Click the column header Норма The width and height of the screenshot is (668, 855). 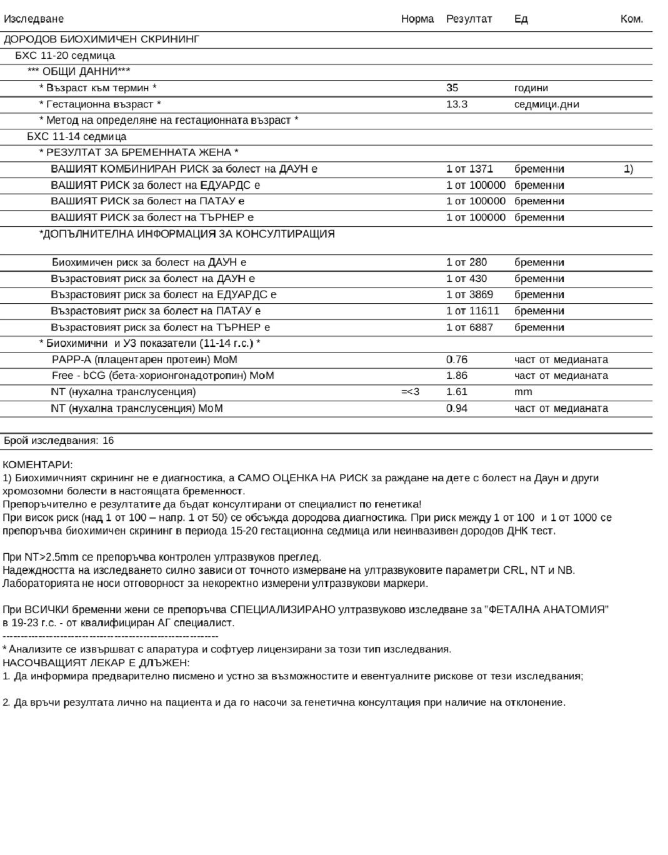pyautogui.click(x=417, y=19)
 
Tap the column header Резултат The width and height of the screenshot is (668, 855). pyautogui.click(x=469, y=19)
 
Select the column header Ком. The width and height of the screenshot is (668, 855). pyautogui.click(x=631, y=19)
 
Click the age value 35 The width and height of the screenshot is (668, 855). pyautogui.click(x=452, y=88)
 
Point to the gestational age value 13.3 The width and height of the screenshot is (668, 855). pyautogui.click(x=456, y=104)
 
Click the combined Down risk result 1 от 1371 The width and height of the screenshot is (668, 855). pyautogui.click(x=469, y=169)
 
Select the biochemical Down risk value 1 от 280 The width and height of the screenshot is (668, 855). pyautogui.click(x=466, y=262)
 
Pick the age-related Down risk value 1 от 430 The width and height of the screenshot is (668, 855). pyautogui.click(x=466, y=279)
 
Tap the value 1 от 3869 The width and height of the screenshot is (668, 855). pyautogui.click(x=469, y=294)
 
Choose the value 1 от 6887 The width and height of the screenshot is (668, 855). pyautogui.click(x=469, y=327)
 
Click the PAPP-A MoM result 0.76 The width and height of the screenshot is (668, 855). pyautogui.click(x=456, y=359)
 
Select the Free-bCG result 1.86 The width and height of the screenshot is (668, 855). pyautogui.click(x=456, y=376)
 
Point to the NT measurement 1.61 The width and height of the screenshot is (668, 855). pyautogui.click(x=456, y=392)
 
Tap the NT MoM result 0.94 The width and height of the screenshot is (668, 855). pyautogui.click(x=456, y=408)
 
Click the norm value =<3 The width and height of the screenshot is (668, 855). pyautogui.click(x=410, y=392)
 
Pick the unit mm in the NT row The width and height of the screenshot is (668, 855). pyautogui.click(x=523, y=392)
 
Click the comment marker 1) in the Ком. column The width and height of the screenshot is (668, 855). pyautogui.click(x=628, y=169)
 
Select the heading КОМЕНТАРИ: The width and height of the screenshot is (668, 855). pyautogui.click(x=37, y=464)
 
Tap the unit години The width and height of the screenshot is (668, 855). pyautogui.click(x=531, y=88)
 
